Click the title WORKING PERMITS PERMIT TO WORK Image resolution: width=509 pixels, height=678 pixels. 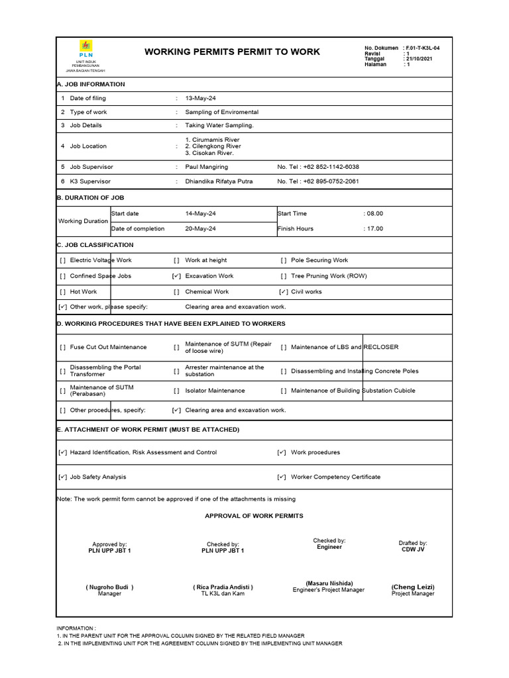click(x=232, y=52)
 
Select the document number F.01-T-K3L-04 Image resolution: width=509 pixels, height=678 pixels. click(x=422, y=48)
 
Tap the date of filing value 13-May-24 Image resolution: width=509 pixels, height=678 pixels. click(x=201, y=98)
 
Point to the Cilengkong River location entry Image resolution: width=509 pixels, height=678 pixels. click(x=213, y=146)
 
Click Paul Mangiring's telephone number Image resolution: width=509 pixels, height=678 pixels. click(x=318, y=167)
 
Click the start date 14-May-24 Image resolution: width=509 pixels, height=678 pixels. click(x=201, y=214)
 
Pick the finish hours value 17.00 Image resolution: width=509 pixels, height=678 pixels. click(x=374, y=229)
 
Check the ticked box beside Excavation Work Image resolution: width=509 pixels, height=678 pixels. click(x=176, y=276)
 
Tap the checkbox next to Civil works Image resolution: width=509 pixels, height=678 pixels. click(x=283, y=292)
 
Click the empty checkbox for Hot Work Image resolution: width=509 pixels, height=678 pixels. click(x=62, y=292)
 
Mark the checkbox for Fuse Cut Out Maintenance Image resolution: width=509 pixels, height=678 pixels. click(x=62, y=348)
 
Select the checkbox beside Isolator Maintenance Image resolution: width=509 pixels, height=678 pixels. click(x=176, y=391)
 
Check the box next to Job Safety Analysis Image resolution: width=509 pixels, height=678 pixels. click(x=62, y=477)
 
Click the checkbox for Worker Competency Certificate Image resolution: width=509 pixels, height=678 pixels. click(x=282, y=477)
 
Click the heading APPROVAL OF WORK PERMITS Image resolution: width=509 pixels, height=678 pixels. click(x=254, y=515)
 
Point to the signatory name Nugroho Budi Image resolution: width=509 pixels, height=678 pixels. click(x=109, y=587)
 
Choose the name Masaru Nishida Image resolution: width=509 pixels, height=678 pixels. click(x=329, y=583)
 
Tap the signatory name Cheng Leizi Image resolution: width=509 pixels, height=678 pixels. click(x=413, y=587)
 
